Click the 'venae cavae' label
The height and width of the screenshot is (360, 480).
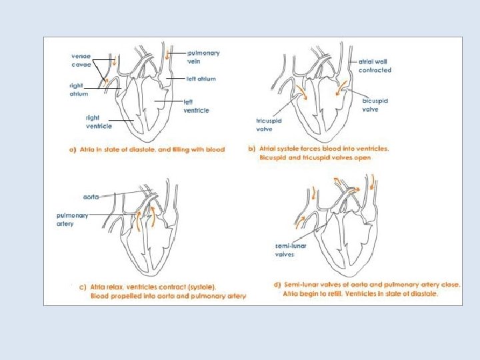click(x=81, y=60)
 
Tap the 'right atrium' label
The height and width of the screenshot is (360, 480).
click(x=79, y=90)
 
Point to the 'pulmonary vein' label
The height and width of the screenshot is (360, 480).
click(x=203, y=57)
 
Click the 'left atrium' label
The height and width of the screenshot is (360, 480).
click(x=201, y=79)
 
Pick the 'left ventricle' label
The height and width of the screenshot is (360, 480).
click(x=197, y=106)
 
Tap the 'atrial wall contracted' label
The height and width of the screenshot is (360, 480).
click(x=375, y=65)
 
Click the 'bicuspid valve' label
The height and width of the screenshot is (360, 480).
click(x=375, y=105)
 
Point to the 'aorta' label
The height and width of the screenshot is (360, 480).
click(x=91, y=197)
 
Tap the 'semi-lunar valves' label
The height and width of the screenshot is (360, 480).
click(x=291, y=250)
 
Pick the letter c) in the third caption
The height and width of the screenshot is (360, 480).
click(x=83, y=287)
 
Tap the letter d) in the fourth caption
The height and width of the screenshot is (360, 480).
click(x=277, y=284)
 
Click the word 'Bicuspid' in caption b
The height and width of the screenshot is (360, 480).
click(x=272, y=158)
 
